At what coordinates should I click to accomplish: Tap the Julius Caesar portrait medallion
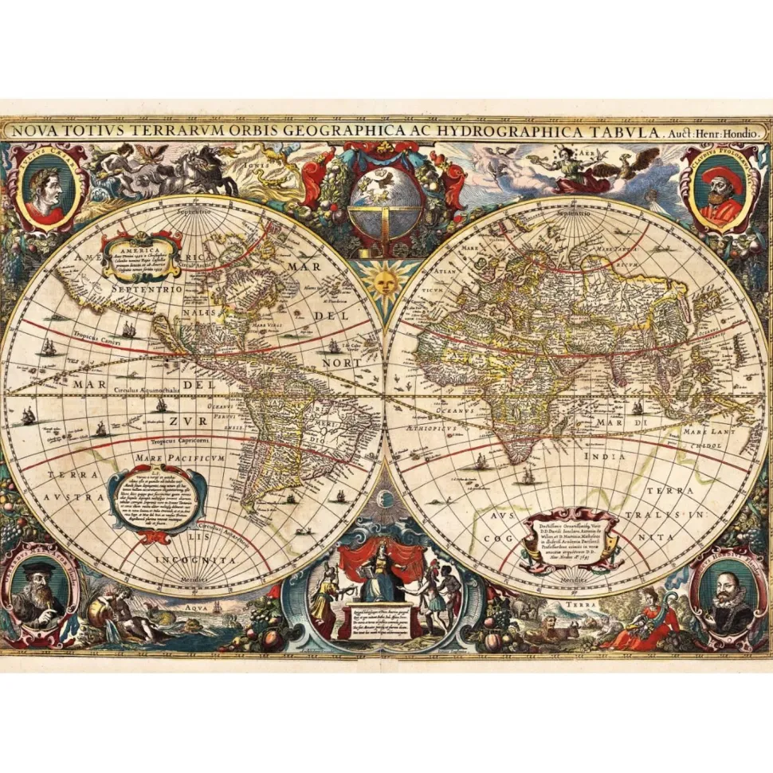click(x=44, y=188)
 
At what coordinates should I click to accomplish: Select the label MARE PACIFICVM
click(x=168, y=459)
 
